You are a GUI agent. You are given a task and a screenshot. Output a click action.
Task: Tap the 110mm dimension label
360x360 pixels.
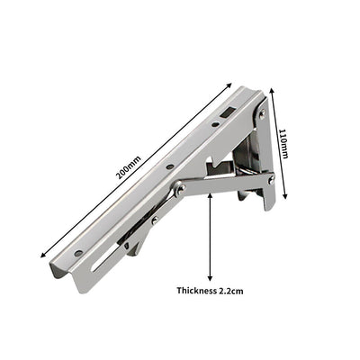[x=284, y=142]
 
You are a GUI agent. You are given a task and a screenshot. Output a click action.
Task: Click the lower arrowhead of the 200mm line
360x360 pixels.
[x=40, y=256]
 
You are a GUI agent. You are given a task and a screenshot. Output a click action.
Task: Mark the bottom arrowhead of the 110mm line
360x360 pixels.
[x=287, y=196]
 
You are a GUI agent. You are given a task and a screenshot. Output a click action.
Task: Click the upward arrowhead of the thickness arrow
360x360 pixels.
[x=210, y=193]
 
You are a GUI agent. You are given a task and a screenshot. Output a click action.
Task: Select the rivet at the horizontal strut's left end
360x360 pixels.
[x=180, y=189]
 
